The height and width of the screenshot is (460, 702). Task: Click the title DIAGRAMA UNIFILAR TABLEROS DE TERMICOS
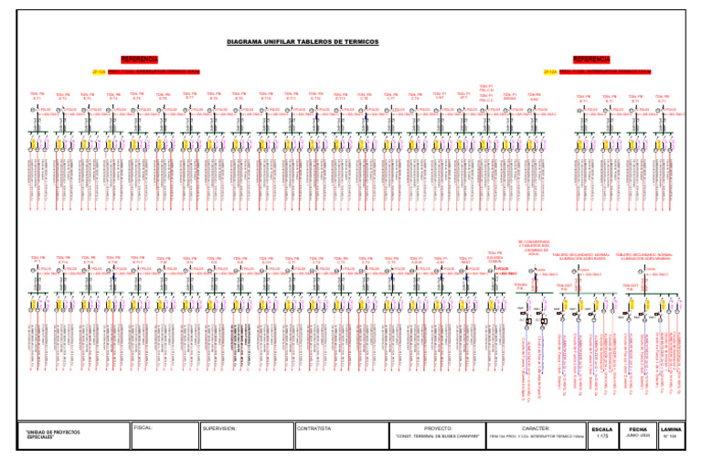coord(351,42)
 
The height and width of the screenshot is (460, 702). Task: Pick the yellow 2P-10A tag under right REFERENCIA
coord(550,70)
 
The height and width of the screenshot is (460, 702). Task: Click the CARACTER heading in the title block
coord(532,426)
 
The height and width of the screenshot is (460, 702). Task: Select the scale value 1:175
coord(603,437)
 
